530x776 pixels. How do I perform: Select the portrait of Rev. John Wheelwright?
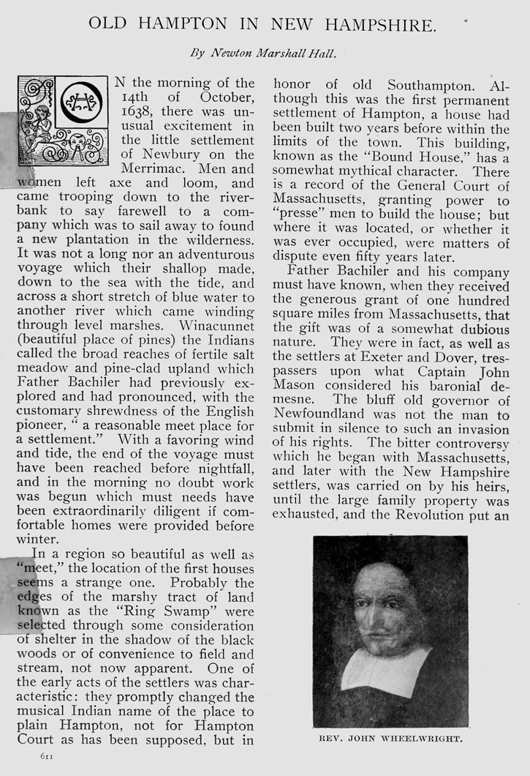pyautogui.click(x=390, y=633)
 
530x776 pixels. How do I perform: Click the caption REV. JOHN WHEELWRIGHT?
pyautogui.click(x=390, y=740)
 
